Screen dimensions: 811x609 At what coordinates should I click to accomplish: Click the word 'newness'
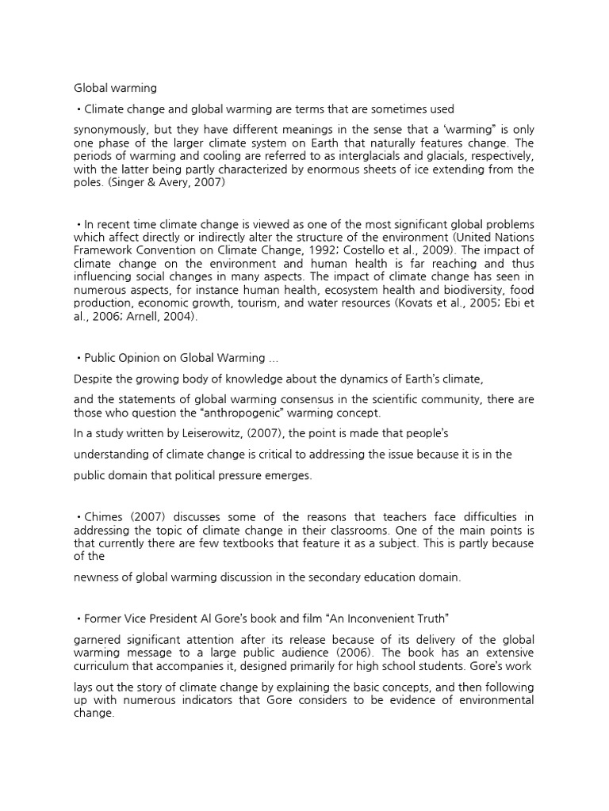(x=98, y=577)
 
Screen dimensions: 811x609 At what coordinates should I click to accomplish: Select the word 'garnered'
(x=101, y=639)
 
